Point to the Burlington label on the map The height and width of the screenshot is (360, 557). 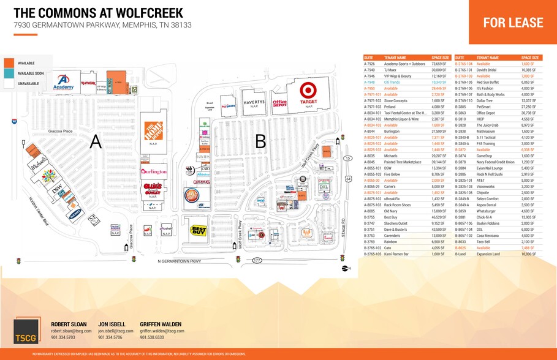pos(154,172)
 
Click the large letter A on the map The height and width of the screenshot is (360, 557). pos(95,141)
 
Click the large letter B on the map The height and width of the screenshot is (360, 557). pos(260,142)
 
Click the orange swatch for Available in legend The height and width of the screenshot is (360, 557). pos(10,63)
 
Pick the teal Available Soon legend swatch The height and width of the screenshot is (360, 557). pos(10,73)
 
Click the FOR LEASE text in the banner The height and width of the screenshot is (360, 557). pos(513,23)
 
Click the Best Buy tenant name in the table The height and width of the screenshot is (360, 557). pos(390,217)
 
